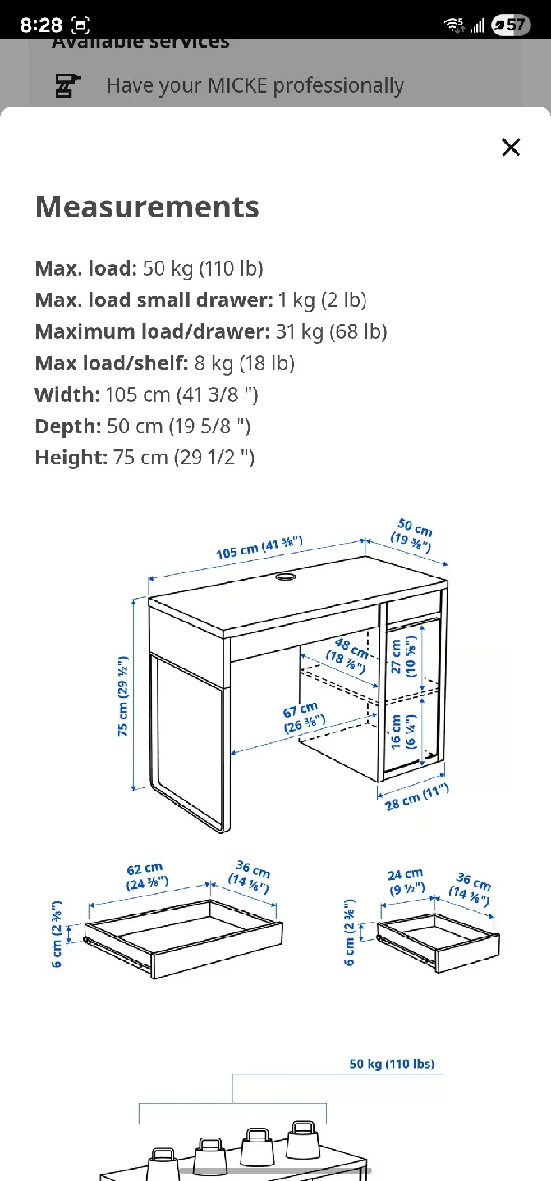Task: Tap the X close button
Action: point(511,148)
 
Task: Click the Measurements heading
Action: point(147,207)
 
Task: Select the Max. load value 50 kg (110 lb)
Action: point(203,268)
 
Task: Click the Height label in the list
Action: point(71,457)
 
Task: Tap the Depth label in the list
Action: point(67,426)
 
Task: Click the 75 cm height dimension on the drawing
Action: point(123,695)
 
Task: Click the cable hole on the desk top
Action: point(286,578)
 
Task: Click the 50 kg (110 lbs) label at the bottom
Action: point(392,1064)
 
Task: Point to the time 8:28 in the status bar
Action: point(41,25)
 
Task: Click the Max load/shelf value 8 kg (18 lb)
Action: point(244,363)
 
